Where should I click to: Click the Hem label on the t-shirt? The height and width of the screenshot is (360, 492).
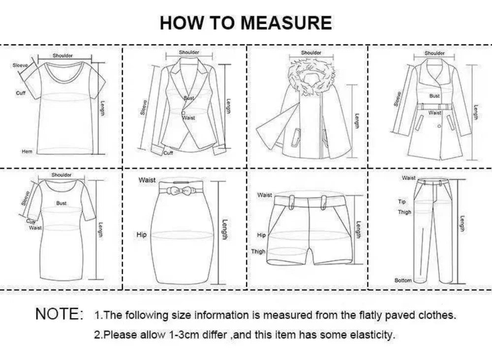point(27,151)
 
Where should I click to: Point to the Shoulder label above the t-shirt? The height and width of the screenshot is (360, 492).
point(62,56)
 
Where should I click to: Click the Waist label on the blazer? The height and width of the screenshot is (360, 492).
point(189,118)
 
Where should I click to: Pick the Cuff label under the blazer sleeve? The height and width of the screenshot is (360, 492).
point(169,153)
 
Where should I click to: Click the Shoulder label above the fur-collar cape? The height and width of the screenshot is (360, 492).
point(311,53)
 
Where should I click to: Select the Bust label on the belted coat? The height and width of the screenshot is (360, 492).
point(434,96)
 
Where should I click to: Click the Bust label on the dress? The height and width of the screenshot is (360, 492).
point(61,203)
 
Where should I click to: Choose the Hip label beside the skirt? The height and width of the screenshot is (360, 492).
point(142,235)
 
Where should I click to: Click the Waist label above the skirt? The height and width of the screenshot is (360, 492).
point(147,180)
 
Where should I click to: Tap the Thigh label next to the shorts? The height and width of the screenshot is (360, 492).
point(258,252)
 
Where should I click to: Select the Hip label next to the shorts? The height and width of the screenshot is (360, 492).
point(261,236)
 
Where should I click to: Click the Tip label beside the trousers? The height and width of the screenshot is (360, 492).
point(402,202)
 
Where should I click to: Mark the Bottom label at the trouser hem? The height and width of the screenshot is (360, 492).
point(403,280)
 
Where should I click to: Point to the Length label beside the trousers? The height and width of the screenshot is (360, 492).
point(462,224)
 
